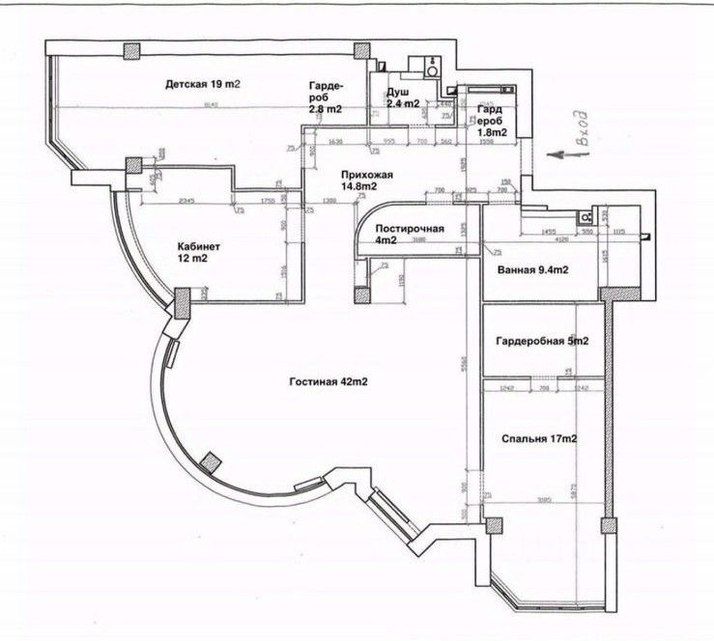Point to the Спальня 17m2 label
point(539,439)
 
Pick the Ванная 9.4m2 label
point(532,269)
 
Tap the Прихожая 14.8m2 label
point(366,181)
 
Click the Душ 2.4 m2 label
point(403,97)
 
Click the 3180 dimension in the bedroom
point(544,500)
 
